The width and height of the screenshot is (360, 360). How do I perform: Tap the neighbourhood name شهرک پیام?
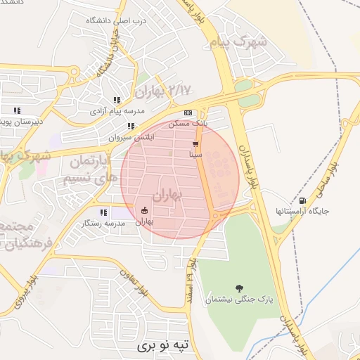coord(238,41)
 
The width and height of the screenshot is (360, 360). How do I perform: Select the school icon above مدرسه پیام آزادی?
coord(116,101)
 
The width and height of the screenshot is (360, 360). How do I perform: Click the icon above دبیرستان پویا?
coord(16,110)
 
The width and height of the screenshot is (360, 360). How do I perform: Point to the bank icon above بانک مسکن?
coord(188,112)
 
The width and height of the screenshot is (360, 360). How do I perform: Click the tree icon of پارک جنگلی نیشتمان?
coord(239,288)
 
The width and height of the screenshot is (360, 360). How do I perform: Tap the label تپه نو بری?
coord(162,347)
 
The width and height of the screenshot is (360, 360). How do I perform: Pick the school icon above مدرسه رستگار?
coord(103,212)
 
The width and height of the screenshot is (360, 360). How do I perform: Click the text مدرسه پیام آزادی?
coord(117,112)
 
